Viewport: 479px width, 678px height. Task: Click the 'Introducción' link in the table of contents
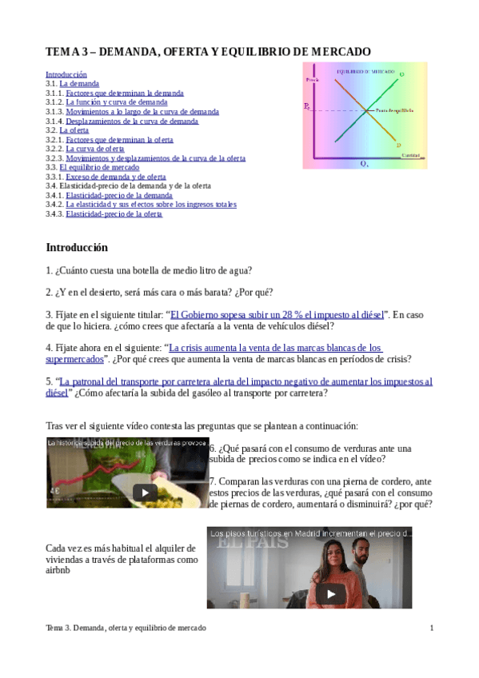pos(66,74)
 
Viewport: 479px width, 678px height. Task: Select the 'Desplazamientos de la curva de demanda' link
pos(132,121)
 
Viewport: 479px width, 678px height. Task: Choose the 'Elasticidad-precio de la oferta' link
pos(114,213)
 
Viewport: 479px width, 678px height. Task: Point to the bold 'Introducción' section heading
pos(77,247)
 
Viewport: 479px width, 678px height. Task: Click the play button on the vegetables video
pos(145,493)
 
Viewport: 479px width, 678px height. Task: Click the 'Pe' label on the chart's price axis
pos(306,106)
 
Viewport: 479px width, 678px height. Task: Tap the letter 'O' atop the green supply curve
pos(401,74)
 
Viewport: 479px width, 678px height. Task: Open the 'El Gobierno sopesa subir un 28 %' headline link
pos(277,314)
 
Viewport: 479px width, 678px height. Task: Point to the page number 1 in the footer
pos(432,628)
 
